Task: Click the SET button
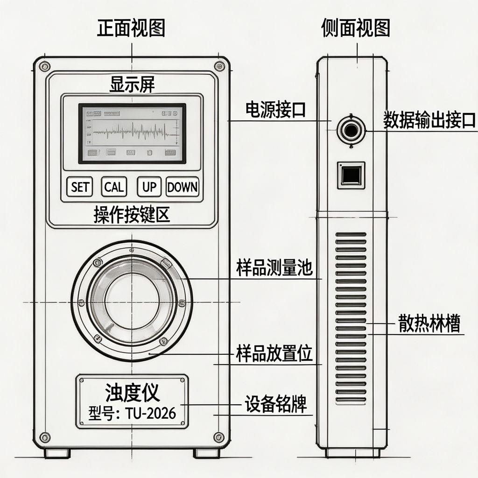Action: coord(79,187)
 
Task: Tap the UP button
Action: coord(149,187)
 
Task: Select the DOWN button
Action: coord(183,187)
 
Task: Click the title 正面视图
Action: coord(131,29)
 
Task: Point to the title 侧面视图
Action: coord(356,29)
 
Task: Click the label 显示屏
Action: coord(132,85)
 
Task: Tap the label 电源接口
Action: coord(275,110)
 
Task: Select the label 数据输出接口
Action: coord(429,120)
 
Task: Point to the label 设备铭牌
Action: coord(276,403)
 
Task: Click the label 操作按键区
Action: coord(132,215)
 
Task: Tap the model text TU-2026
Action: coord(151,413)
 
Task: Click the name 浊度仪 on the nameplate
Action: coord(133,392)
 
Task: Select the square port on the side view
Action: coord(351,175)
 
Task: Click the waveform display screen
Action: coord(132,134)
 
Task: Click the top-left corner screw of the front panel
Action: coord(45,66)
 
